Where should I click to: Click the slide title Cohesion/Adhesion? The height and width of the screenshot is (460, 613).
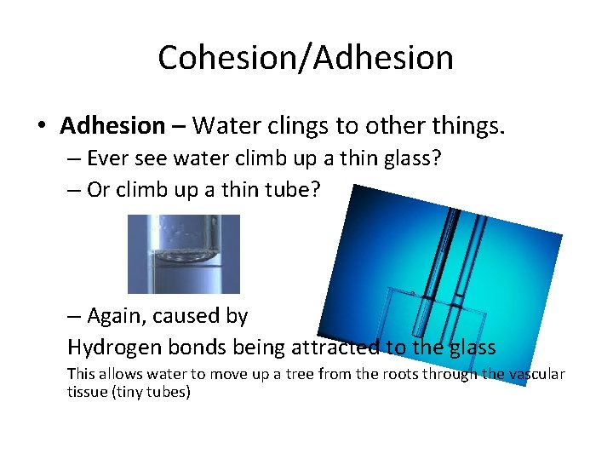(306, 58)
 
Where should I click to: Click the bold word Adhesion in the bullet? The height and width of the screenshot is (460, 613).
(112, 126)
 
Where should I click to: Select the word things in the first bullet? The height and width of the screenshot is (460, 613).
(468, 126)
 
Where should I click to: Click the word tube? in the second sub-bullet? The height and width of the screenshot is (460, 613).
(294, 189)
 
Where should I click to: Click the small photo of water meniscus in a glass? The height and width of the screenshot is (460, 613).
(184, 254)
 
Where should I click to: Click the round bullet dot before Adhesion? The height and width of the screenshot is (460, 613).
(41, 127)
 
